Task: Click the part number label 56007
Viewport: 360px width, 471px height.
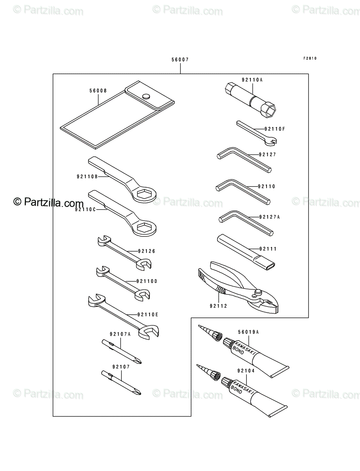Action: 180,59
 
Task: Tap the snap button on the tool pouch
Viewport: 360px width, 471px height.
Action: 146,96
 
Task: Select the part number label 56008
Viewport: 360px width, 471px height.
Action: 98,91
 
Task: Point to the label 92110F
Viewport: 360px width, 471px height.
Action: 274,129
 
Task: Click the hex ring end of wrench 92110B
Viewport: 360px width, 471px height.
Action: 144,194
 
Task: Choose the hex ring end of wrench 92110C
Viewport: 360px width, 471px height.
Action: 144,227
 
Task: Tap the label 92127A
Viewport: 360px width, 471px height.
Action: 269,217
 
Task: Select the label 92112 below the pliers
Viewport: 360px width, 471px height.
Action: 218,306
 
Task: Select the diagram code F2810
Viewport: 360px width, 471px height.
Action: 310,58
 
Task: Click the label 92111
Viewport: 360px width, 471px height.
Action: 268,249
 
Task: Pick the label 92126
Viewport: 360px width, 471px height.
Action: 146,251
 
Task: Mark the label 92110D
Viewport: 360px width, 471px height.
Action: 147,281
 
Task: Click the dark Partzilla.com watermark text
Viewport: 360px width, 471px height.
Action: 48,203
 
